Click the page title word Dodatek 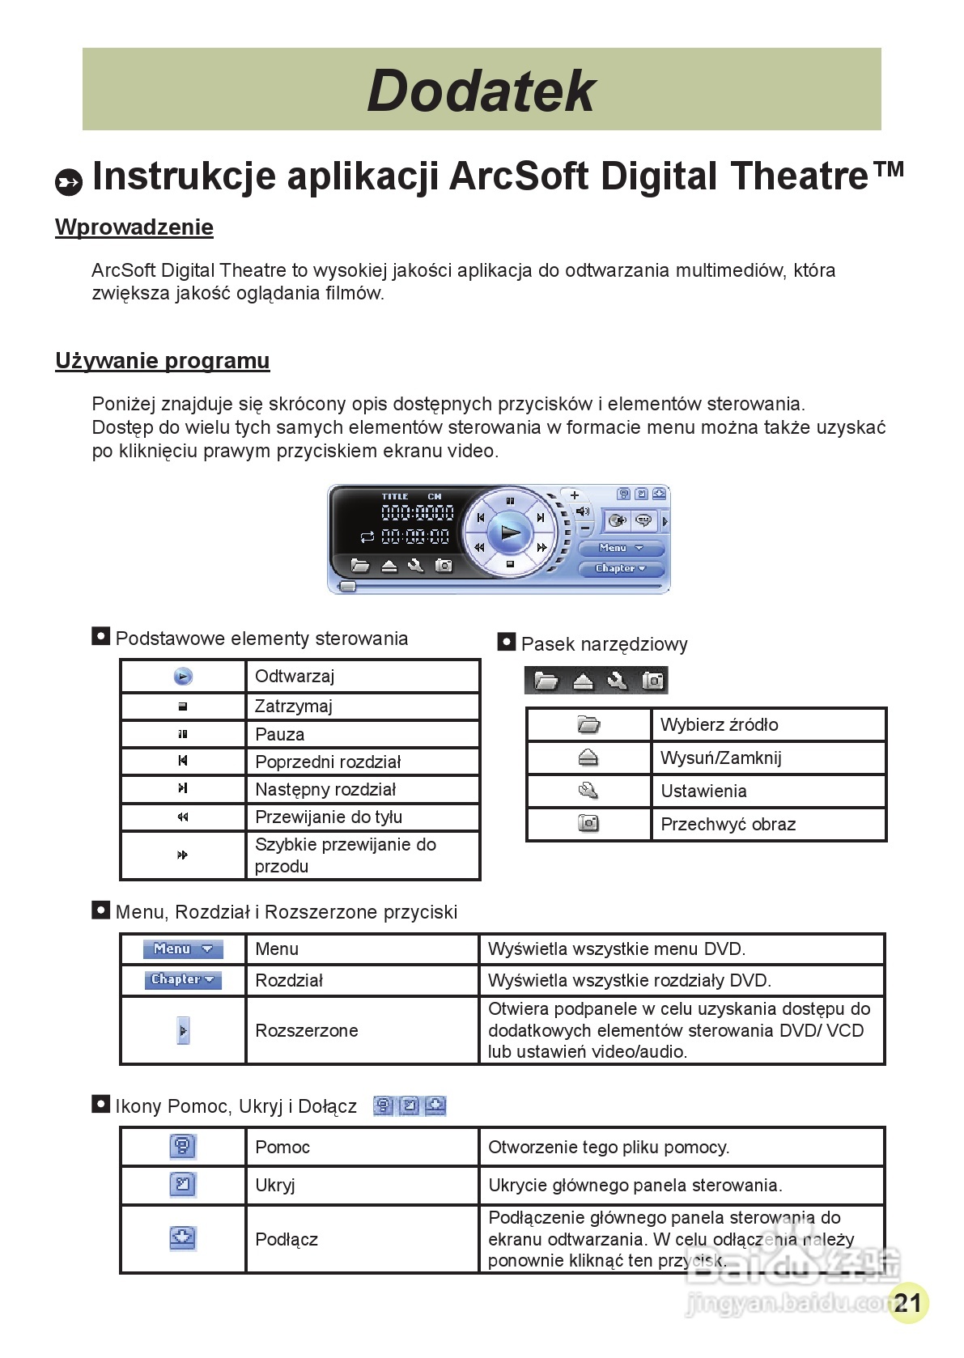click(x=482, y=90)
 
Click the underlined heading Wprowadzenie click(x=134, y=227)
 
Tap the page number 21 click(x=907, y=1302)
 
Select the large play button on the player click(x=510, y=532)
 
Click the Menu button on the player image click(x=621, y=548)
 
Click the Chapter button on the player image click(x=621, y=568)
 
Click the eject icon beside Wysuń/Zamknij click(x=588, y=758)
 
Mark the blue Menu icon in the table click(x=183, y=948)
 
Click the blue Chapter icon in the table click(x=183, y=979)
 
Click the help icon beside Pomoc click(x=183, y=1146)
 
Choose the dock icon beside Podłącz click(x=183, y=1237)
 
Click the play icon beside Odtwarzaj click(x=184, y=677)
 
